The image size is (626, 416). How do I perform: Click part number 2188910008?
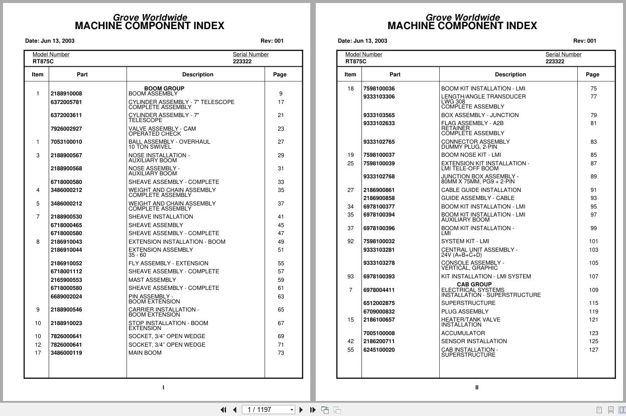point(66,93)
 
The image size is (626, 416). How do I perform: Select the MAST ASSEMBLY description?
point(152,280)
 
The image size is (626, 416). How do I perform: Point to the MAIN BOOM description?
point(145,353)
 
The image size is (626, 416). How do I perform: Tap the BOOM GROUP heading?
point(164,88)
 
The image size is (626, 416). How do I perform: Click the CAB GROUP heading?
point(474,284)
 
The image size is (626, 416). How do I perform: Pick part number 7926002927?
point(66,129)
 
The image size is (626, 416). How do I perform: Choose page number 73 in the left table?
point(281,353)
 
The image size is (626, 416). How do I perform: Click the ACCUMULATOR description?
point(463,333)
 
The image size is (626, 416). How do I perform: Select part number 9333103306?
point(379,96)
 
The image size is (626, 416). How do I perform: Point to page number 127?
point(593,350)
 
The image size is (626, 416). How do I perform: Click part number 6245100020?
point(379,350)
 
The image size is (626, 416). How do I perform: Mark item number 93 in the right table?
point(350,276)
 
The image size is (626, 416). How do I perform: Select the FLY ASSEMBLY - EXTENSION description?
point(168,263)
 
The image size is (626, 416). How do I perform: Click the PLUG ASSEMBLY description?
point(465,311)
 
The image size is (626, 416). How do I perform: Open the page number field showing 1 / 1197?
point(267,410)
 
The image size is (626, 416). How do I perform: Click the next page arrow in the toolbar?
point(301,410)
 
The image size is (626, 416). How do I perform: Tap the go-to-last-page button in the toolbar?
point(313,410)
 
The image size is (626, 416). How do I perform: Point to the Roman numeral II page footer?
point(476,387)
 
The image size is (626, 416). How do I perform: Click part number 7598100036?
point(379,88)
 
